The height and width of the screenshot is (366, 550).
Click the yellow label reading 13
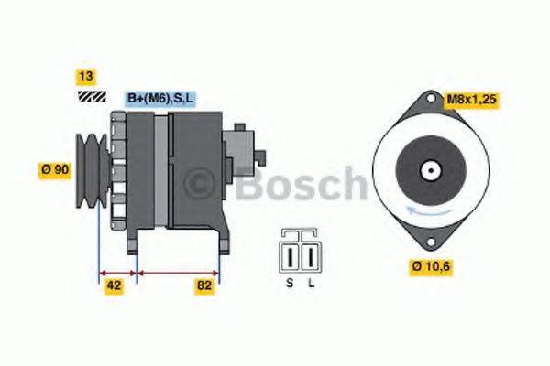87,77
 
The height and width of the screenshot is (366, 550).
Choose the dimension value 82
205,285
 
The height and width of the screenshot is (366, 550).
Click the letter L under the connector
311,285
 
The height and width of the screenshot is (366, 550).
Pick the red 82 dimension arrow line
178,272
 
